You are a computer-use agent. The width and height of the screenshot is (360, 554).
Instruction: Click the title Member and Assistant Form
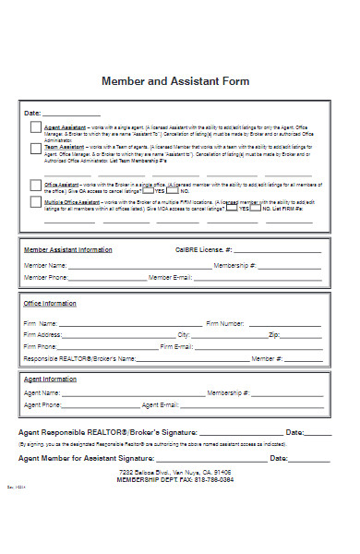(175, 81)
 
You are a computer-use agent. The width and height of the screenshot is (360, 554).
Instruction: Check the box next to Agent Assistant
(35, 128)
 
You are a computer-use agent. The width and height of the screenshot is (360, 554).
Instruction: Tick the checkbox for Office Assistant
(35, 184)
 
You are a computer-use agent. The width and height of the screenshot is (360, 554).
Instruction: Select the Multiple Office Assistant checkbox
(35, 201)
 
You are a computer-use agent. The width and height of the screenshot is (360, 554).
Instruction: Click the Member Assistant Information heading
(68, 249)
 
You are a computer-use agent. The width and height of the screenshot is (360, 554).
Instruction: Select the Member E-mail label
(171, 277)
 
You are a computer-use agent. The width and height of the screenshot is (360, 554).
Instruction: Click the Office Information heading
(51, 304)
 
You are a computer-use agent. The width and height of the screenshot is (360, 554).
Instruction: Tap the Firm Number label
(225, 324)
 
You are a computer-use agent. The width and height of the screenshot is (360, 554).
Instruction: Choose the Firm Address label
(43, 335)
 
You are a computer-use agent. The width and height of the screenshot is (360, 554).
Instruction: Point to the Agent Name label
(42, 392)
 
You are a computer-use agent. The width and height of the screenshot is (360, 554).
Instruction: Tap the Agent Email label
(161, 404)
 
